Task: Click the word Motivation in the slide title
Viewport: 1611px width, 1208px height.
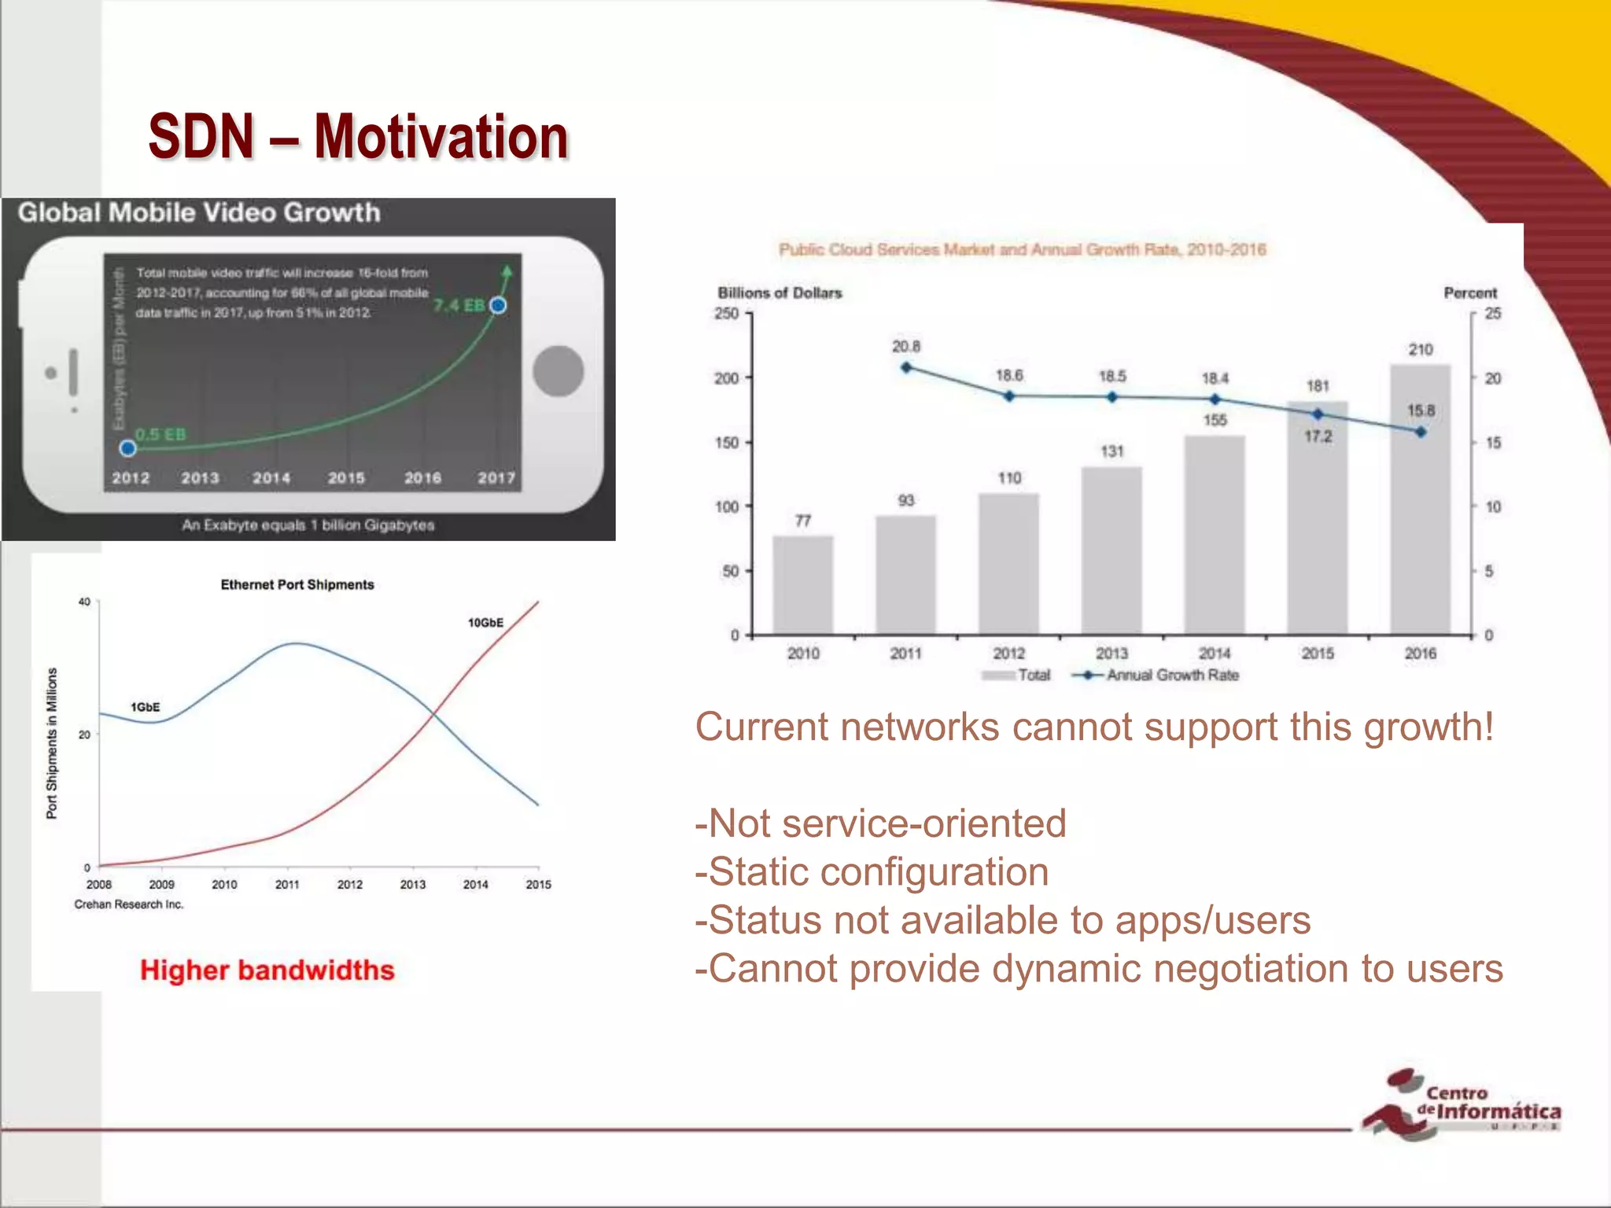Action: coord(441,137)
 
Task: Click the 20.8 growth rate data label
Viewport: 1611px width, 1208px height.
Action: coord(905,347)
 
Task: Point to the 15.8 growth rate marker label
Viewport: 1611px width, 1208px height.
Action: coord(1421,411)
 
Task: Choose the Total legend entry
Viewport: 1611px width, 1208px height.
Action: coord(1017,675)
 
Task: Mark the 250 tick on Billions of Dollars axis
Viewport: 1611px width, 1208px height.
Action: coord(727,314)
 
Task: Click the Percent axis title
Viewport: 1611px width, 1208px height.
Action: coord(1469,293)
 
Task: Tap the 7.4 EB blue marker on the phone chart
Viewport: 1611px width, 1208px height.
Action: coord(498,305)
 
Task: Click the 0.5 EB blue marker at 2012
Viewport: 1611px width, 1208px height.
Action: coord(128,448)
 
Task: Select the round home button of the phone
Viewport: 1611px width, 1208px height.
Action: coord(558,371)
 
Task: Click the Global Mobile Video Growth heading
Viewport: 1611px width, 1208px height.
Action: coord(199,213)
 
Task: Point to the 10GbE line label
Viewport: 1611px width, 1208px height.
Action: coord(485,623)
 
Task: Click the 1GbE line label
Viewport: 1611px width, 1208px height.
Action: coord(145,707)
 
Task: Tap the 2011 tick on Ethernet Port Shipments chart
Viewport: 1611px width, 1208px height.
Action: coord(287,884)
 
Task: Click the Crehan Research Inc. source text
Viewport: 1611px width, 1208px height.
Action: coord(129,904)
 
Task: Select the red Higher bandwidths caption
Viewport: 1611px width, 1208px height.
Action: coord(267,970)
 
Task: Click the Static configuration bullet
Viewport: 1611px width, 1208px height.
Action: coord(872,872)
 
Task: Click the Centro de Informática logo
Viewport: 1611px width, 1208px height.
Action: coord(1462,1104)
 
